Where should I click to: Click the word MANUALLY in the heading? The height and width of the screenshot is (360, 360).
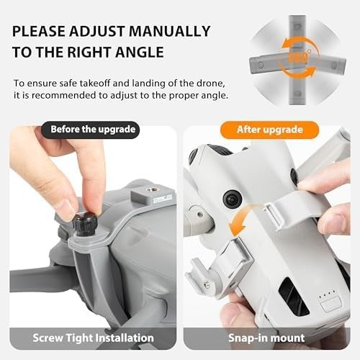[x=170, y=31]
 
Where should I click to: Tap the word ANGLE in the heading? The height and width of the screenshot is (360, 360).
[x=140, y=52]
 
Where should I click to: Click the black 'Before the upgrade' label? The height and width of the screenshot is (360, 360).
[x=90, y=130]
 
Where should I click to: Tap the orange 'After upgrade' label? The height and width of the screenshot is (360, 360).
[x=269, y=130]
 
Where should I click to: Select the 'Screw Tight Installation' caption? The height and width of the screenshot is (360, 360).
[x=93, y=338]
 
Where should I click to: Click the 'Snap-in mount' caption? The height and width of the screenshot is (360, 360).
[x=266, y=338]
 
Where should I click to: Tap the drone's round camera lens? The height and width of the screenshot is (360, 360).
[x=233, y=199]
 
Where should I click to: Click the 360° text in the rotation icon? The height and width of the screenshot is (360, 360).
[x=298, y=58]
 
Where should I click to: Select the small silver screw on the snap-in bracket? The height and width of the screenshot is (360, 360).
[x=207, y=284]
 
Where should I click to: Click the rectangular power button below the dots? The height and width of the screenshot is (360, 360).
[x=331, y=305]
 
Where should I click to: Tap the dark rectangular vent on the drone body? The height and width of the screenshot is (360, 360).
[x=293, y=296]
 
